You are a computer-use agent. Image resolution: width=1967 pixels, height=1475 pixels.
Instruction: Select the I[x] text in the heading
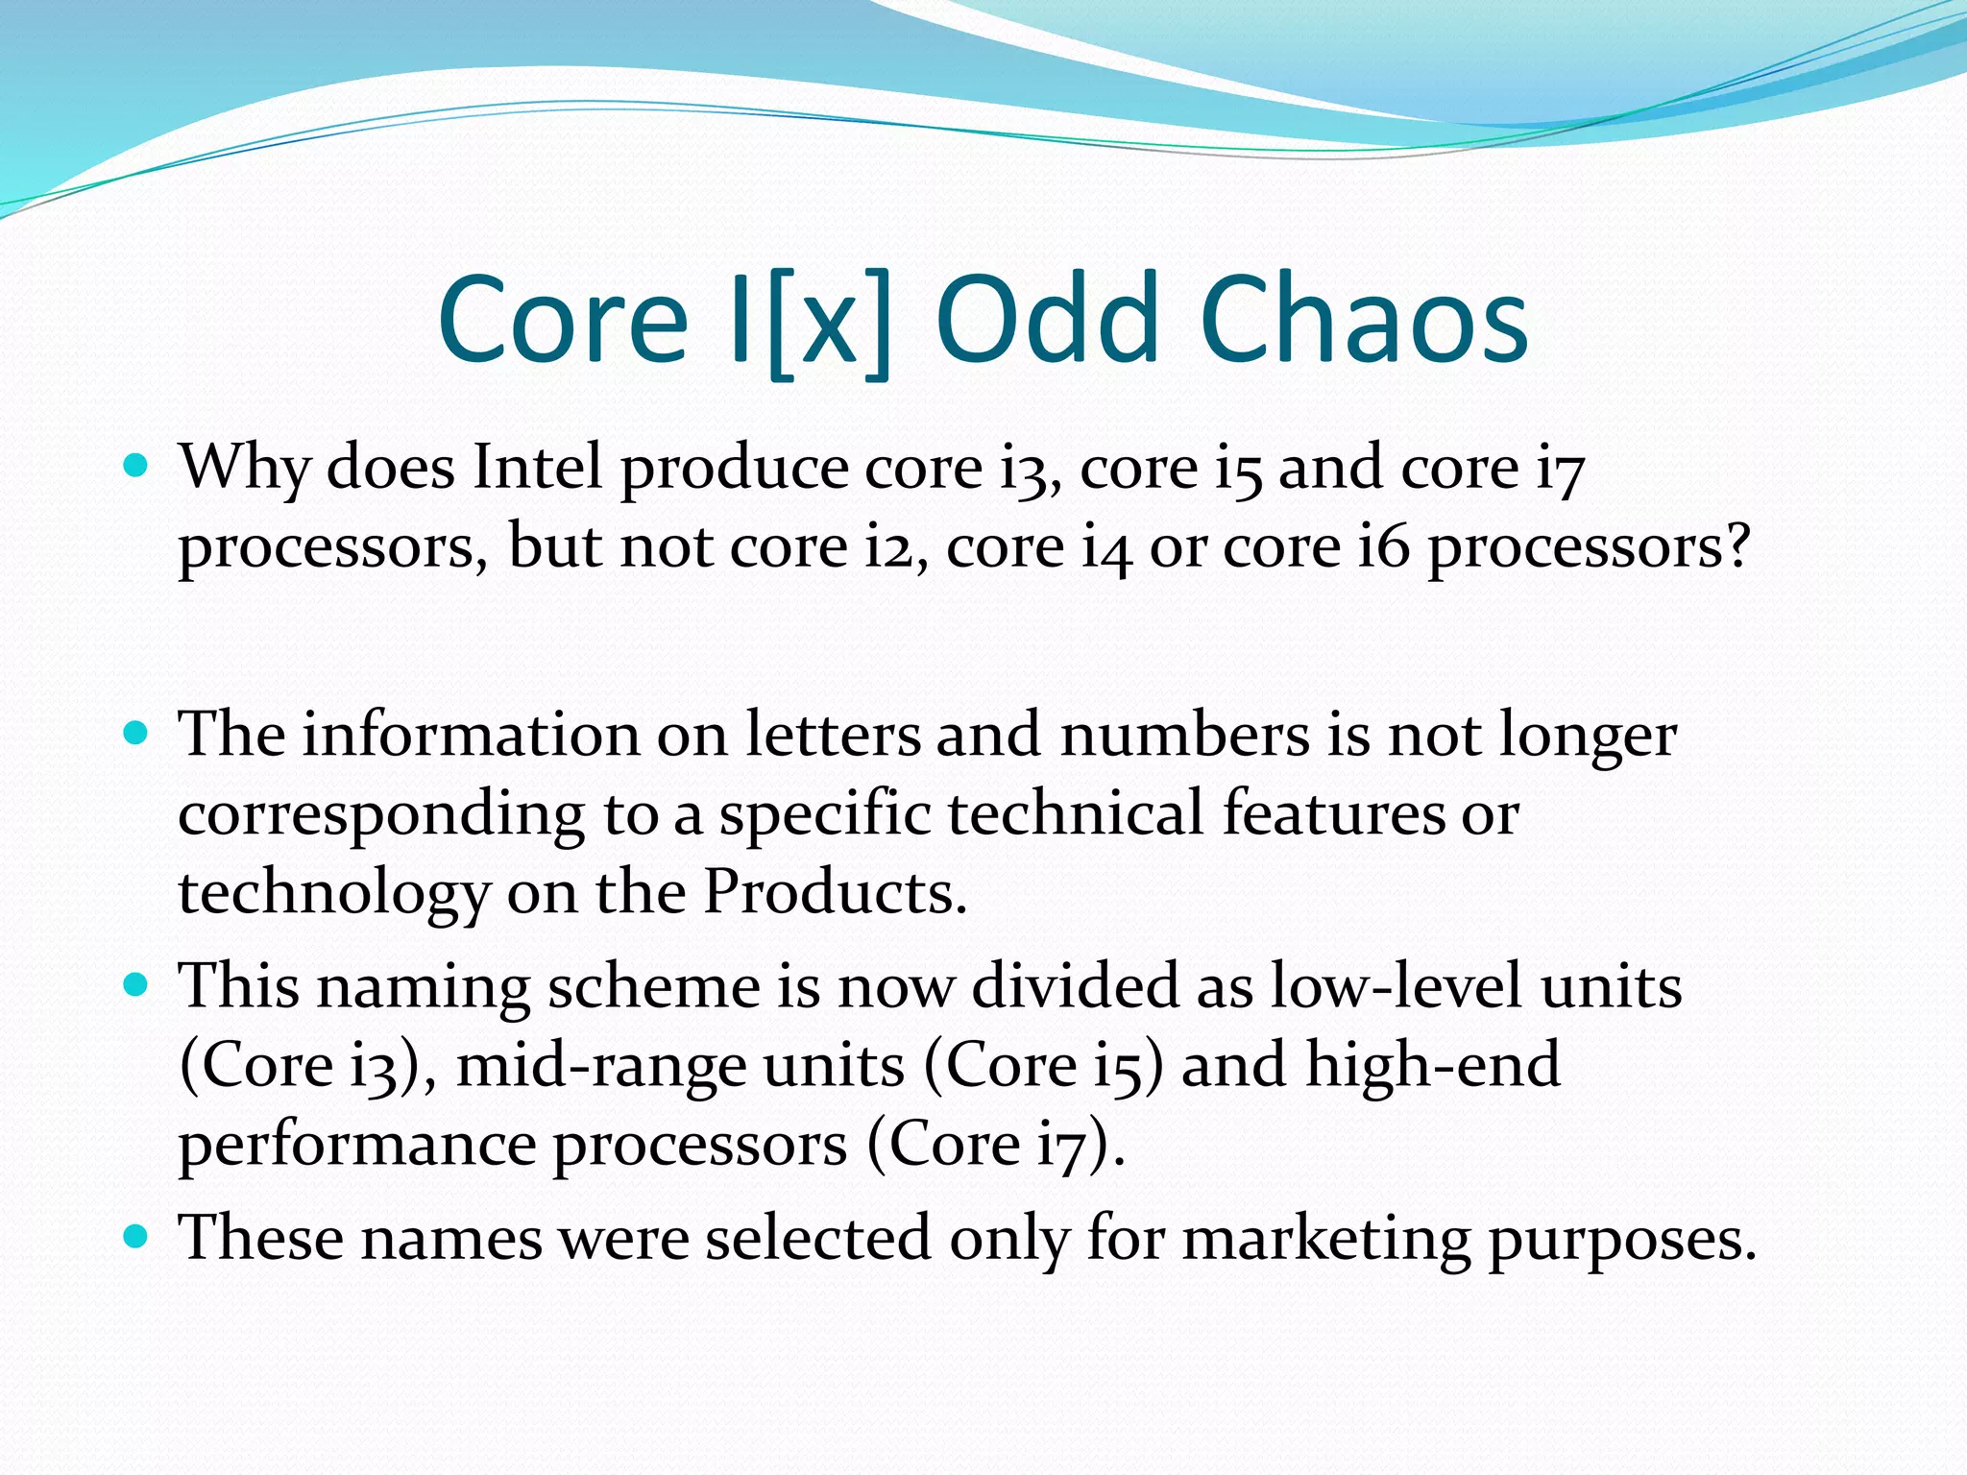click(810, 322)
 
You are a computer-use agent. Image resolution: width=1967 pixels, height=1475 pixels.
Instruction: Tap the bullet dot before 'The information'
click(136, 734)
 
